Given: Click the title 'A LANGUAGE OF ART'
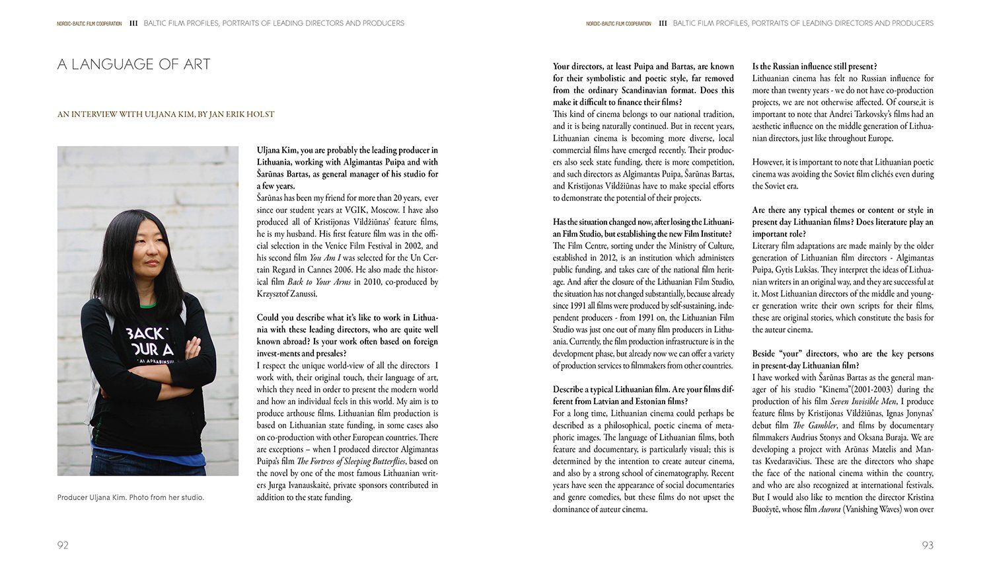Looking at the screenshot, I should point(134,64).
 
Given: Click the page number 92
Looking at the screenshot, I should point(63,546).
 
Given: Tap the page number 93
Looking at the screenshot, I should point(928,546).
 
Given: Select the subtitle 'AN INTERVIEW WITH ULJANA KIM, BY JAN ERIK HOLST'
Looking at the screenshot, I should point(165,114).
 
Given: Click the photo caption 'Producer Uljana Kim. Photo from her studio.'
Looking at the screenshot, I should point(131,497).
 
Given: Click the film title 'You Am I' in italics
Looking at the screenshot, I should point(324,258).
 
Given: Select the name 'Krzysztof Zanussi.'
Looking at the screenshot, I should point(287,294).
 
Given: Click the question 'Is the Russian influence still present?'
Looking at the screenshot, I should point(815,66).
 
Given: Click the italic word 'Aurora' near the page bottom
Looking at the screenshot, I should point(830,509).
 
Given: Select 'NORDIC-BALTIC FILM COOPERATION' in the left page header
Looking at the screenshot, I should point(89,24).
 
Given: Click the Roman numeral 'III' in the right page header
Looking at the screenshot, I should point(663,23).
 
